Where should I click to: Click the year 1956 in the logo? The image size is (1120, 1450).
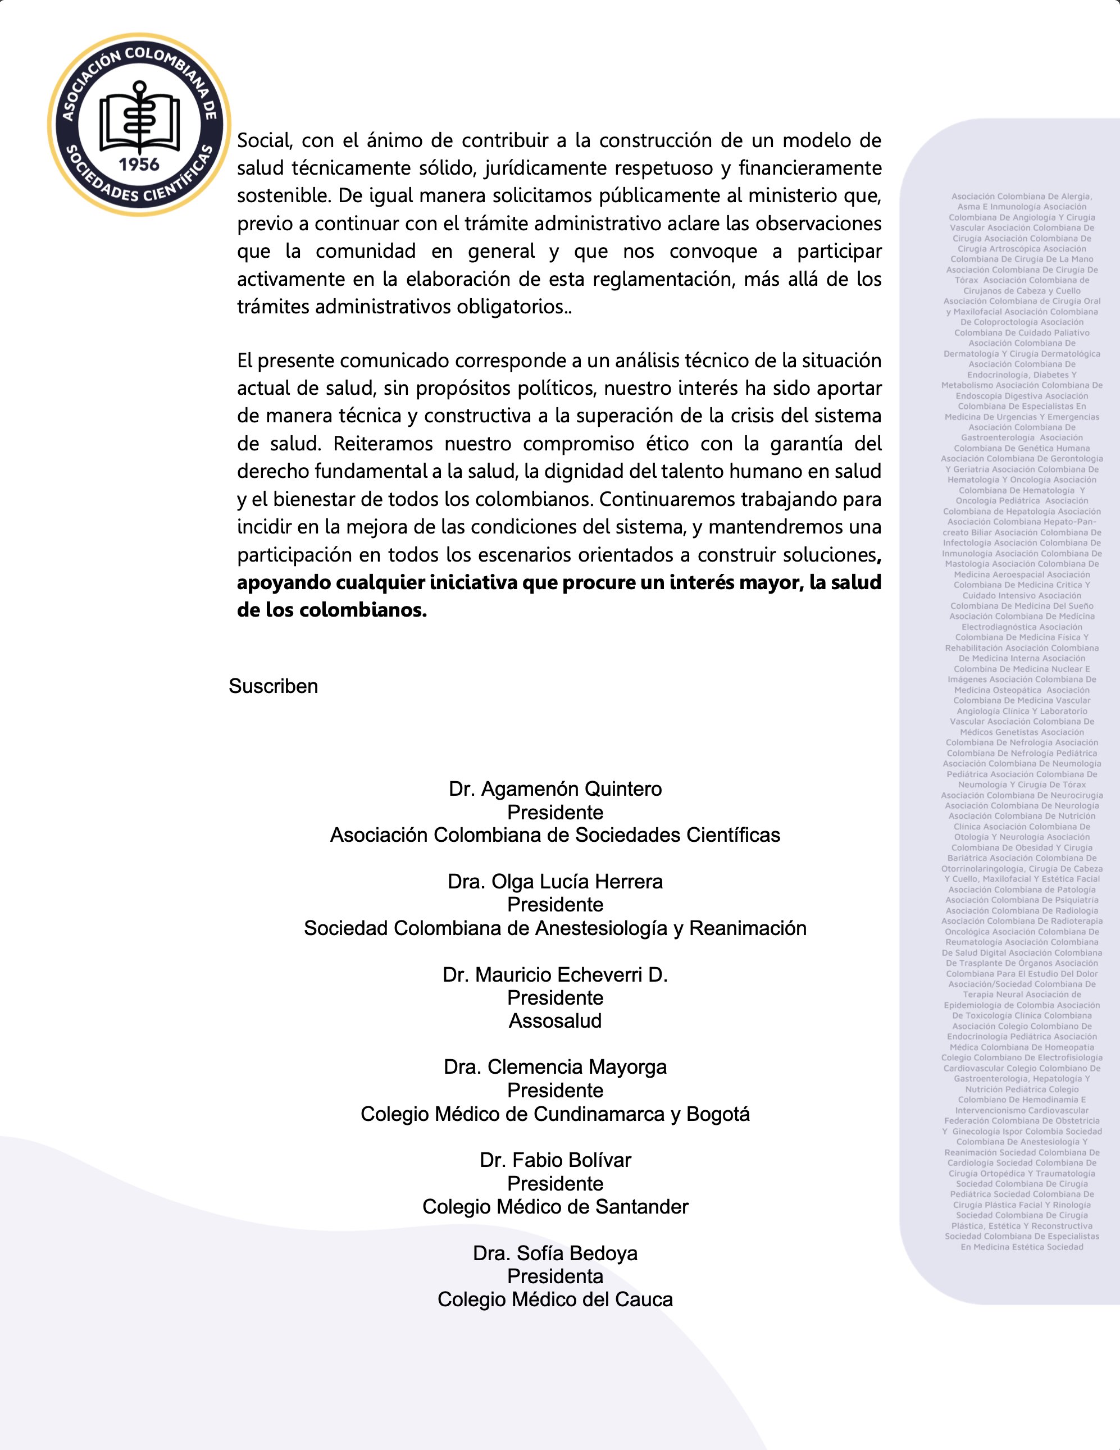pyautogui.click(x=139, y=165)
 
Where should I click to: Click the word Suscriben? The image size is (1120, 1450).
pyautogui.click(x=273, y=686)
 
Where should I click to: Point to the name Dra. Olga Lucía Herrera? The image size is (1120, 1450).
pyautogui.click(x=555, y=881)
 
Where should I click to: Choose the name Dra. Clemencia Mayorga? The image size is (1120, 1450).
pyautogui.click(x=555, y=1066)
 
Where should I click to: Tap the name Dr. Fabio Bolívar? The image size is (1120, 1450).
pyautogui.click(x=555, y=1159)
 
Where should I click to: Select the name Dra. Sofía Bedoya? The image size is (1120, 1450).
pyautogui.click(x=555, y=1252)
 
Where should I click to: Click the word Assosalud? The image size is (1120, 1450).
pyautogui.click(x=555, y=1020)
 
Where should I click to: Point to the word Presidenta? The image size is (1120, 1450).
pyautogui.click(x=555, y=1275)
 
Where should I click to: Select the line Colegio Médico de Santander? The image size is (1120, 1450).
pyautogui.click(x=555, y=1206)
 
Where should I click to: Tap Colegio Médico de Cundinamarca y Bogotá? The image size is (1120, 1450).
pyautogui.click(x=555, y=1114)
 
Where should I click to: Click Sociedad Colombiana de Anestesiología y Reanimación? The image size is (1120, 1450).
pyautogui.click(x=555, y=928)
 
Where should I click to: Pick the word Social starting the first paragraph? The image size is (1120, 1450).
pyautogui.click(x=263, y=141)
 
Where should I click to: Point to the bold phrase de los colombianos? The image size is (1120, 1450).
pyautogui.click(x=331, y=610)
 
